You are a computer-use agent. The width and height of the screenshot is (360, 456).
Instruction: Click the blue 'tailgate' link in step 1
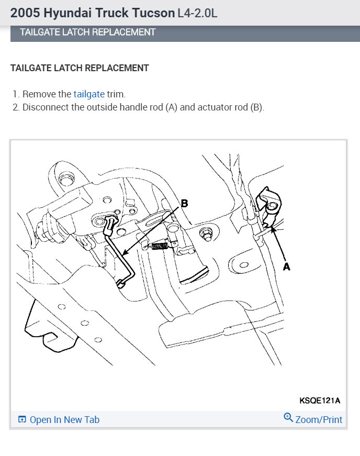pyautogui.click(x=89, y=94)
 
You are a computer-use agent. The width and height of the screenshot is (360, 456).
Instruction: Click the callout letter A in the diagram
pyautogui.click(x=287, y=266)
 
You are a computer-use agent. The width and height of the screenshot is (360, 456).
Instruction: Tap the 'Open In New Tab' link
pyautogui.click(x=64, y=420)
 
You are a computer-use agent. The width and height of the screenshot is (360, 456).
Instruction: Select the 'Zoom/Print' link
pyautogui.click(x=319, y=420)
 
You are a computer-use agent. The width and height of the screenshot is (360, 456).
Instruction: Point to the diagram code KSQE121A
pyautogui.click(x=320, y=401)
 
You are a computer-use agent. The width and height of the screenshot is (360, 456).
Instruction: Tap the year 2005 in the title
pyautogui.click(x=22, y=13)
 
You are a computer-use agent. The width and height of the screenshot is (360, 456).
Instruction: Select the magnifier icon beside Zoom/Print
pyautogui.click(x=288, y=417)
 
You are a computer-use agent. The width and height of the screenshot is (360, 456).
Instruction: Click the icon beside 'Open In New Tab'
pyautogui.click(x=22, y=420)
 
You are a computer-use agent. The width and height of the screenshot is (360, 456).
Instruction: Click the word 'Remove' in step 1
pyautogui.click(x=40, y=94)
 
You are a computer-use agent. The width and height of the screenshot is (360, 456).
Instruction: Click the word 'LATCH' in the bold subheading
pyautogui.click(x=69, y=68)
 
